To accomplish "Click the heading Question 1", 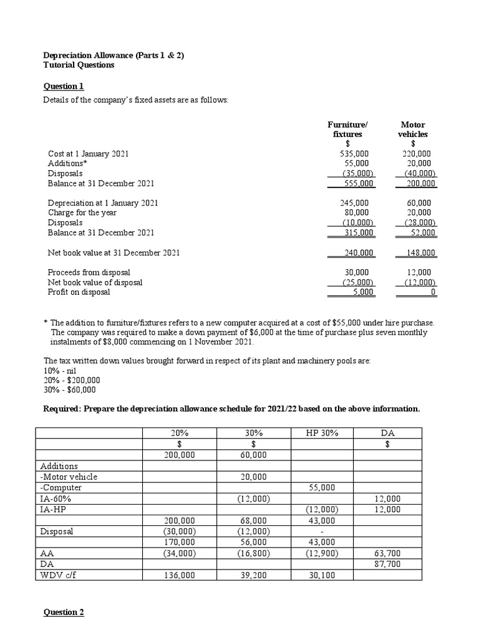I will (63, 86).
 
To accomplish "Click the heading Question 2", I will (63, 612).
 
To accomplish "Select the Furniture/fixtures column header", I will (347, 129).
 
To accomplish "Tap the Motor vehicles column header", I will (413, 129).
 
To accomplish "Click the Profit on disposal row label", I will (79, 292).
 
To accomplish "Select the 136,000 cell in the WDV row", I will (179, 575).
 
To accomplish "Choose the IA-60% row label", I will (56, 498).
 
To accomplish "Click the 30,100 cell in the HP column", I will (321, 575).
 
